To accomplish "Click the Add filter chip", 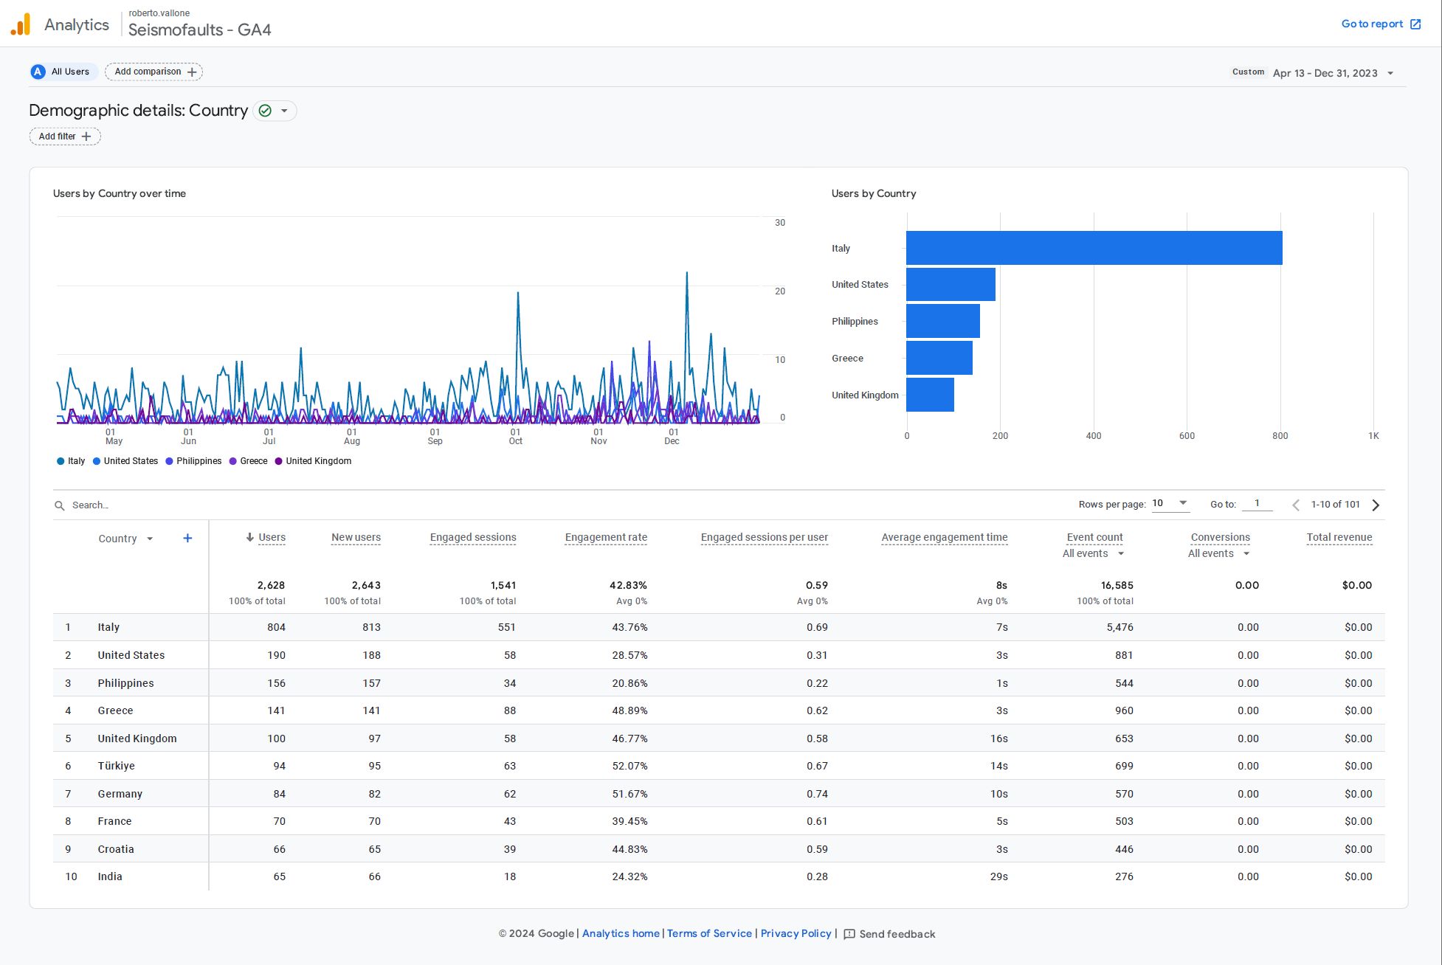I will tap(65, 136).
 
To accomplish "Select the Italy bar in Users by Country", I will tap(1094, 248).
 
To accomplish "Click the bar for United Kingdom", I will tap(930, 395).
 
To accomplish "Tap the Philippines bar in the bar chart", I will tap(942, 321).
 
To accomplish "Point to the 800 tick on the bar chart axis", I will tap(1280, 436).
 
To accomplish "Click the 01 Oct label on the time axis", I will tap(515, 436).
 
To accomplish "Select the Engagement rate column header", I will tap(605, 537).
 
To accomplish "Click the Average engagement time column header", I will tap(944, 537).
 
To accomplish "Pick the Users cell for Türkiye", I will tap(279, 766).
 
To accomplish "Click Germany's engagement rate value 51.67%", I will tap(629, 794).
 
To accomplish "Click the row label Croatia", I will tap(116, 849).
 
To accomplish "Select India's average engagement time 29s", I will tap(998, 876).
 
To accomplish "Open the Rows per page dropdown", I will tap(1170, 504).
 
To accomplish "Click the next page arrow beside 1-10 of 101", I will tap(1376, 505).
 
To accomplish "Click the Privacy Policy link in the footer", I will tap(796, 933).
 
